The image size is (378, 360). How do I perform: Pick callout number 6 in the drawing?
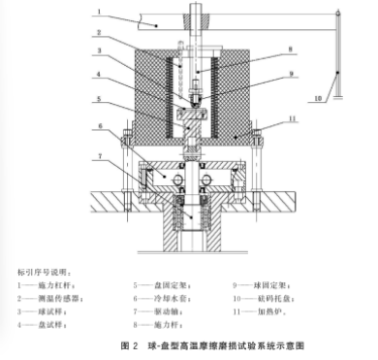[98, 126]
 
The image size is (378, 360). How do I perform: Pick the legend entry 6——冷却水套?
[161, 300]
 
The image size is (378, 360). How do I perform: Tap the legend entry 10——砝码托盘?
[264, 300]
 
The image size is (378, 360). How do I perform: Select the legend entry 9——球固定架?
[262, 285]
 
